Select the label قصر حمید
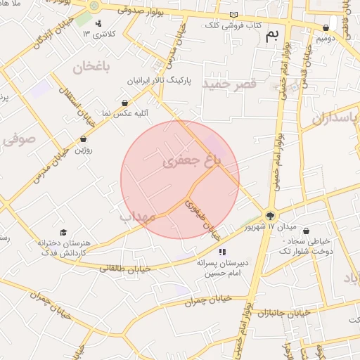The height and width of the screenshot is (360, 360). pyautogui.click(x=231, y=84)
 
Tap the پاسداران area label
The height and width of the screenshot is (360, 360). pyautogui.click(x=335, y=117)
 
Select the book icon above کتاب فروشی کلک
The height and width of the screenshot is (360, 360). pyautogui.click(x=233, y=15)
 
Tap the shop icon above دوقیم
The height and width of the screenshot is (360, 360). pyautogui.click(x=326, y=28)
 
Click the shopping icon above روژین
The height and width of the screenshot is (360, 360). pyautogui.click(x=84, y=139)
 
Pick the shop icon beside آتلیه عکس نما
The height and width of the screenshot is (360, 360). pyautogui.click(x=124, y=103)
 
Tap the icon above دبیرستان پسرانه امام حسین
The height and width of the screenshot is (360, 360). pyautogui.click(x=222, y=252)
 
